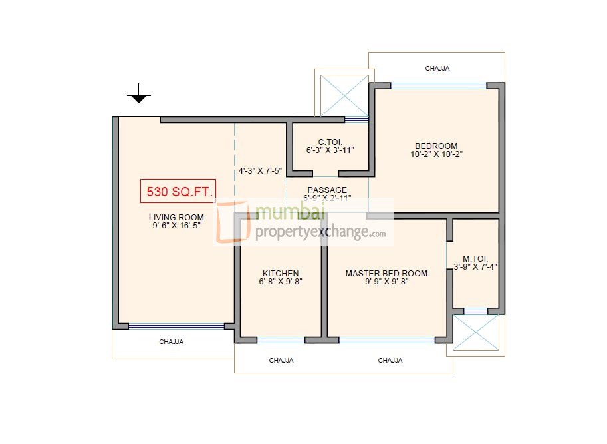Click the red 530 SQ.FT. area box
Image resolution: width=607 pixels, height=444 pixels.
coord(177,192)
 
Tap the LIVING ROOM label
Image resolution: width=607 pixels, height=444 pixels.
coord(176,218)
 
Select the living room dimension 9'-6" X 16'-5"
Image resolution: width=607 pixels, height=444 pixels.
coord(176,226)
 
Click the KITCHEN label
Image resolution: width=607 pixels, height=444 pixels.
coord(281,274)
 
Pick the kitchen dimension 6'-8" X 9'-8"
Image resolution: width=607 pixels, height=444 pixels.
coord(281,282)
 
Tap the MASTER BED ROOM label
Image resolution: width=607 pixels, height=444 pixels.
coord(386,274)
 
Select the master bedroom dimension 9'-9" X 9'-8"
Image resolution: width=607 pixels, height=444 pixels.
coord(386,282)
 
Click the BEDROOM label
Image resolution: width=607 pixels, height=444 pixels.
coord(436,146)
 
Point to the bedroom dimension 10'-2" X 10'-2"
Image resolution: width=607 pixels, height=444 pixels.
coord(436,154)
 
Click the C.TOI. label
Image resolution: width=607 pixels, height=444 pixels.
coord(330,142)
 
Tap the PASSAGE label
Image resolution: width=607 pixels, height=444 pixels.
coord(326,190)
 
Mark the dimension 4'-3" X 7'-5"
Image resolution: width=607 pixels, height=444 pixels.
coord(260,171)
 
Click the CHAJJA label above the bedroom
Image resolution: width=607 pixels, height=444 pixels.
coord(437,68)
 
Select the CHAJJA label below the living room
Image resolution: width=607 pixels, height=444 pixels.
coord(171,342)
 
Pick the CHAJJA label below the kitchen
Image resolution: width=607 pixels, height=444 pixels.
coord(281,361)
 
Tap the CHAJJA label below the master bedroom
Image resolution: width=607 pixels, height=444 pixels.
coord(390,361)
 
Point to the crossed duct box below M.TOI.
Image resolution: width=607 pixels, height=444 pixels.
coord(475,332)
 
